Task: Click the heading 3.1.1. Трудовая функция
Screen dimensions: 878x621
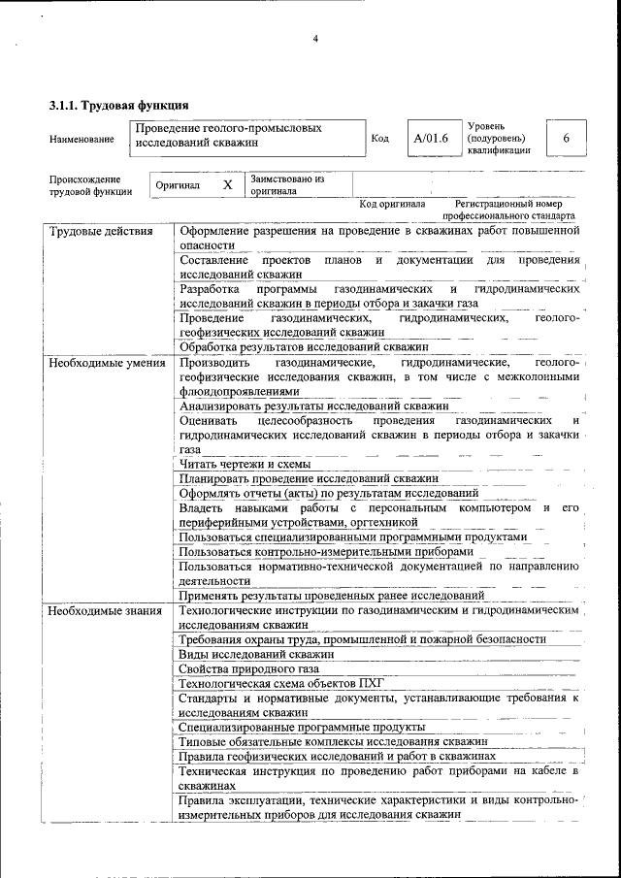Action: point(118,105)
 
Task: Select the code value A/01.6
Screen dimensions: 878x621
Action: point(431,139)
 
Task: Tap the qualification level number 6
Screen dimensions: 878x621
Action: point(566,139)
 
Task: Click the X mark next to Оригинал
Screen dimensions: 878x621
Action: point(227,184)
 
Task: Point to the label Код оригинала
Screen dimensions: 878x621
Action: point(392,205)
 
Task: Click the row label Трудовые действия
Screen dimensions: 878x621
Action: point(101,232)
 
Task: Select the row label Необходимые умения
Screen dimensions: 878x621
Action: point(107,362)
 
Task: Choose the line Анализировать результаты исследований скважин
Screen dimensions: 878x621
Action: point(313,406)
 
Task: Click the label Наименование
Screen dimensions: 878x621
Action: point(82,140)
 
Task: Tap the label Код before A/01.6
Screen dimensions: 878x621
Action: point(380,139)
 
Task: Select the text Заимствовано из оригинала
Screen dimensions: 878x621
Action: point(286,184)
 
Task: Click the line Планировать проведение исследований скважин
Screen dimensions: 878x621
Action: point(309,478)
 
